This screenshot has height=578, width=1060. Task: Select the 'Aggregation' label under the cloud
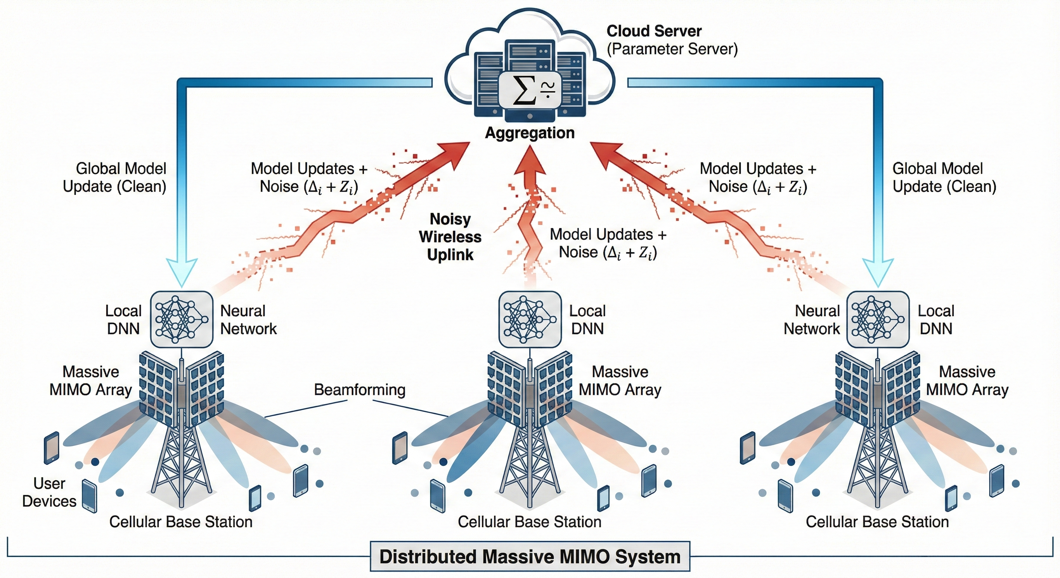tap(530, 133)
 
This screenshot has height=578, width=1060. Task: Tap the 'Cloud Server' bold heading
tap(654, 31)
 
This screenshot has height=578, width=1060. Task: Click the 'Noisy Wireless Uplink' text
tap(450, 237)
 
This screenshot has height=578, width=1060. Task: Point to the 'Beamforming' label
tap(359, 389)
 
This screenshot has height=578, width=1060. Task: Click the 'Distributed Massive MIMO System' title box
tap(530, 556)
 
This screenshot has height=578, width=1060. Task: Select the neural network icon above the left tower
tap(181, 319)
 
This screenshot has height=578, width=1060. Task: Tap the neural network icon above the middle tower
tap(530, 319)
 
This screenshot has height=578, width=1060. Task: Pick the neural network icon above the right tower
tap(878, 319)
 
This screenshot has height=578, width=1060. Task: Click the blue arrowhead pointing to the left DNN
tap(181, 272)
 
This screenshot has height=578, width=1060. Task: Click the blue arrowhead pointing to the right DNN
tap(878, 272)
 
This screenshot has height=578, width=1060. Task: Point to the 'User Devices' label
tap(49, 492)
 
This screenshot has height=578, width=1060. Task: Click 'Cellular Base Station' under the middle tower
tap(530, 522)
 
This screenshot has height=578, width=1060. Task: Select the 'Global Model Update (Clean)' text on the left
tap(115, 177)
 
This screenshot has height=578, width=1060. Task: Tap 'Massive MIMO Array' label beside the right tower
tap(967, 380)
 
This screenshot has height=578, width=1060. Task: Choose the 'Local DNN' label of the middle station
tap(587, 319)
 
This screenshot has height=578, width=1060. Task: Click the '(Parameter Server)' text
tap(672, 49)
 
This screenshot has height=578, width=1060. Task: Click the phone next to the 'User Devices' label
tap(89, 496)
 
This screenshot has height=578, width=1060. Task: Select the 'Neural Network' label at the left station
tap(248, 319)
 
